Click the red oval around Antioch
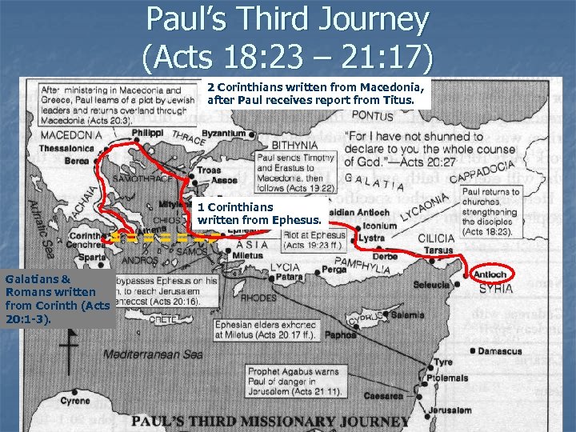click(490, 275)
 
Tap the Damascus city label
click(501, 351)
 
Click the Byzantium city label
click(224, 132)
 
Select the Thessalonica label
click(69, 148)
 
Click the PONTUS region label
click(372, 117)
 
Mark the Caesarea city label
click(384, 395)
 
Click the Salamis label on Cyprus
click(407, 315)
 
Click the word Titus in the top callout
click(398, 101)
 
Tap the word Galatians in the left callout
click(32, 279)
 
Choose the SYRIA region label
click(496, 289)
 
